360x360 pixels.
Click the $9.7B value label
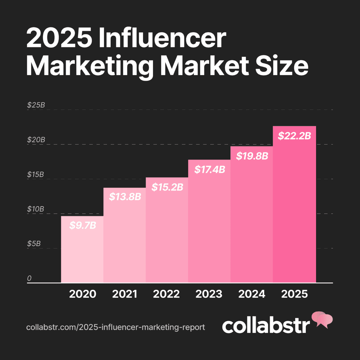(83, 225)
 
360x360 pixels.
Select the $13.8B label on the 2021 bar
(125, 197)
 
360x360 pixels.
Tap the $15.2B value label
(167, 187)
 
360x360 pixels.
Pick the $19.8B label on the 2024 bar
(252, 156)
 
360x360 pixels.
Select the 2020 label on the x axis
(83, 294)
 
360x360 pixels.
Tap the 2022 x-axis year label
(167, 294)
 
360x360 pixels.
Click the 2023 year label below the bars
(210, 294)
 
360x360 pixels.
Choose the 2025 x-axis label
(294, 294)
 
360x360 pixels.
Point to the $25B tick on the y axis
(36, 105)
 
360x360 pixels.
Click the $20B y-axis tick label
(36, 140)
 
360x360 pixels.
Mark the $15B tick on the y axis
(36, 174)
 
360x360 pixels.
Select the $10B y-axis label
(36, 209)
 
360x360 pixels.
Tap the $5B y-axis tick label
(34, 244)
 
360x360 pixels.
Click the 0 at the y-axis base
(30, 278)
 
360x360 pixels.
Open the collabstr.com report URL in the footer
(115, 327)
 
